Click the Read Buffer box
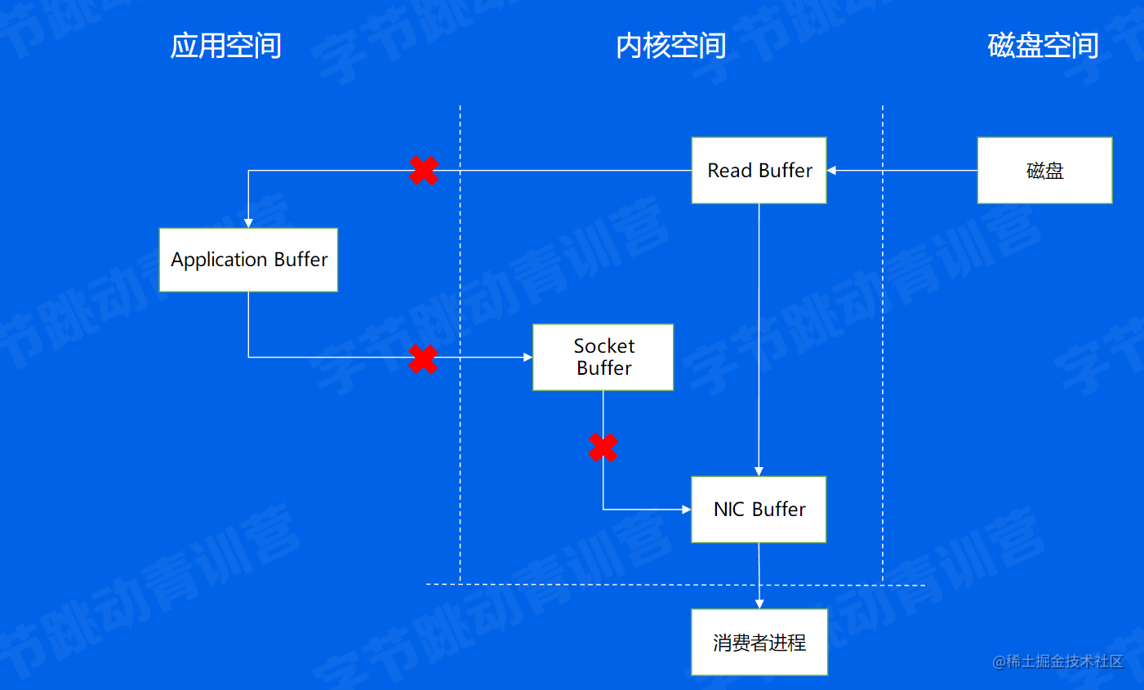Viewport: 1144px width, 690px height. (759, 171)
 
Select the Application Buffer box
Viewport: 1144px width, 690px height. (248, 260)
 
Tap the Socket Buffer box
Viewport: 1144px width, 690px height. (603, 358)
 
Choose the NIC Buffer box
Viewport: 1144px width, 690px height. (759, 510)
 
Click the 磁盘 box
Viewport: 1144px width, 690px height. (1044, 171)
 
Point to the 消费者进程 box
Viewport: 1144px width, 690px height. (759, 643)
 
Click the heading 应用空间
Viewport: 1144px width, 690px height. (225, 46)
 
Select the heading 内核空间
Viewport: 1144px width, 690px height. (670, 46)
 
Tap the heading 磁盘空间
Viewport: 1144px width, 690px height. (1043, 46)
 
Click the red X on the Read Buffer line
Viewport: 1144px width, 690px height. (424, 171)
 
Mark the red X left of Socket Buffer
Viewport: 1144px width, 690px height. (423, 358)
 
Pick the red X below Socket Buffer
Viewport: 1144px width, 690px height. (603, 447)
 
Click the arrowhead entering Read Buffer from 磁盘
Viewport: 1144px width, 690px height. (832, 171)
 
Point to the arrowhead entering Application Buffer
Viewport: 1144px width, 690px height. (248, 223)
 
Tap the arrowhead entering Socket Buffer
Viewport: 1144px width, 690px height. (527, 358)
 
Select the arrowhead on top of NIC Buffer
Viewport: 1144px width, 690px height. (759, 471)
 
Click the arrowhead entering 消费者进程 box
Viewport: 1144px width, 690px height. (759, 604)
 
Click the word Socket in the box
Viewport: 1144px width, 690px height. (603, 346)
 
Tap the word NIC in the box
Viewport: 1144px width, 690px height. (728, 510)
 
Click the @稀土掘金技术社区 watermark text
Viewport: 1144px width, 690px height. (1057, 661)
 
